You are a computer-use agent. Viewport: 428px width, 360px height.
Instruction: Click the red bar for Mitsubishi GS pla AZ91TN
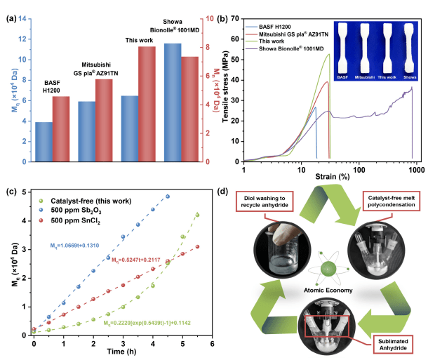point(104,120)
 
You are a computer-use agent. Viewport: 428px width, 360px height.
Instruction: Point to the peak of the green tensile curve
point(329,55)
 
